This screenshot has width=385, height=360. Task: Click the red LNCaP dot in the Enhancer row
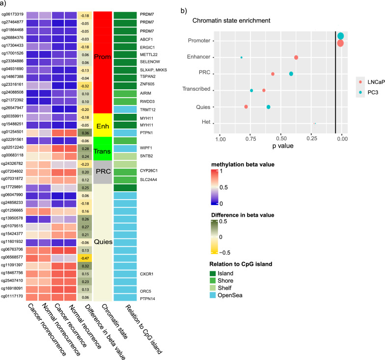[296, 57]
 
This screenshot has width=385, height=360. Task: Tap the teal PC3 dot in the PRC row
[291, 74]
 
